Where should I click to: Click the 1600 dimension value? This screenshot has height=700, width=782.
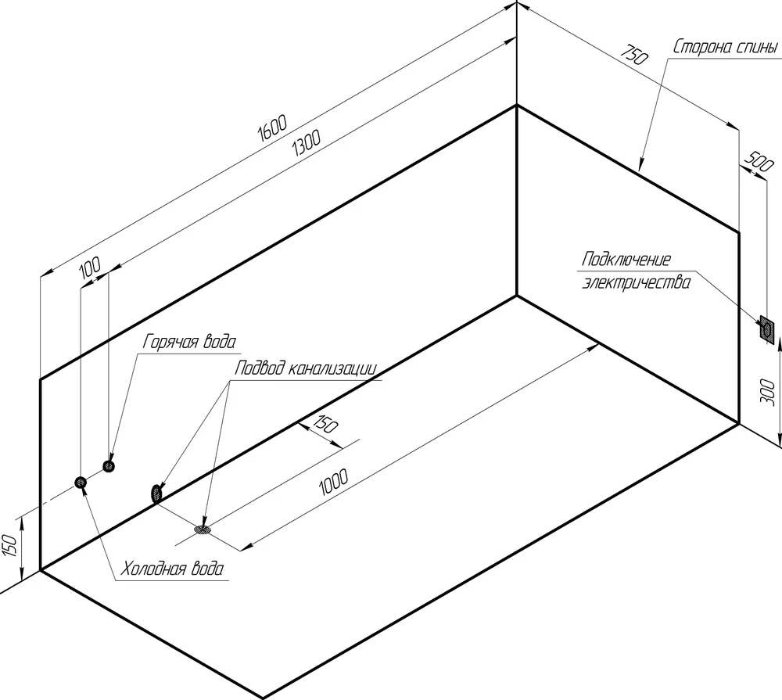(x=271, y=128)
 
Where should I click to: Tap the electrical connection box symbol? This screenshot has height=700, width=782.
(x=766, y=329)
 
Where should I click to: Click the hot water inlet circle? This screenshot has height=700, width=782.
(x=109, y=466)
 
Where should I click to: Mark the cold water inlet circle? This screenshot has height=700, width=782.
(x=81, y=483)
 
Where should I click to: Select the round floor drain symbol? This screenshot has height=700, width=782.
(x=203, y=530)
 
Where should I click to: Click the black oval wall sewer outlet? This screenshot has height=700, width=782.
(x=156, y=493)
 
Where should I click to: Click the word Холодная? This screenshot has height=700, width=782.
(x=151, y=569)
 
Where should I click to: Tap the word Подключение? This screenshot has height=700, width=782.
(x=626, y=260)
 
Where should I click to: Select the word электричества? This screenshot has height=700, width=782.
(x=636, y=282)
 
